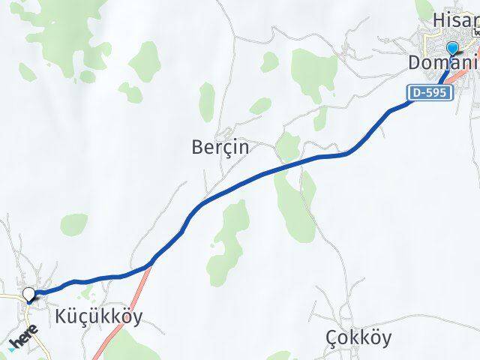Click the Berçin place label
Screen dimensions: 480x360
click(221, 148)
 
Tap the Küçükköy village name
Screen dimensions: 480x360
click(98, 316)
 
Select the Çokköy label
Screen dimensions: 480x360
click(358, 338)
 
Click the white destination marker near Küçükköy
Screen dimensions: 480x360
click(29, 294)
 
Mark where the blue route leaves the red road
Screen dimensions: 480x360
click(151, 262)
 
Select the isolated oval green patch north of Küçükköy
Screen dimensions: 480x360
click(74, 224)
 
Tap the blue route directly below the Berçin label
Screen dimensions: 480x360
click(225, 187)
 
